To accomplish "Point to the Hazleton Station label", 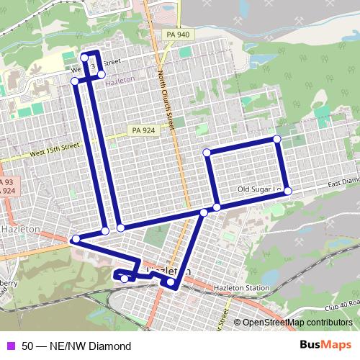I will [x=243, y=288].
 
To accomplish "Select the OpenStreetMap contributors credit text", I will [x=296, y=323].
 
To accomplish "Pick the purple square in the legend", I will [x=10, y=346].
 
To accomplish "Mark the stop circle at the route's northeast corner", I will [x=276, y=139].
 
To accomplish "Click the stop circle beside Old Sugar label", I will [x=287, y=191].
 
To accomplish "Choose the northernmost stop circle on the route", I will [x=84, y=58].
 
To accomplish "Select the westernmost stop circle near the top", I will [x=75, y=81].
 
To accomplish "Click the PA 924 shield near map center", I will [x=143, y=130].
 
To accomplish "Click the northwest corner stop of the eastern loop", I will [x=207, y=152].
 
